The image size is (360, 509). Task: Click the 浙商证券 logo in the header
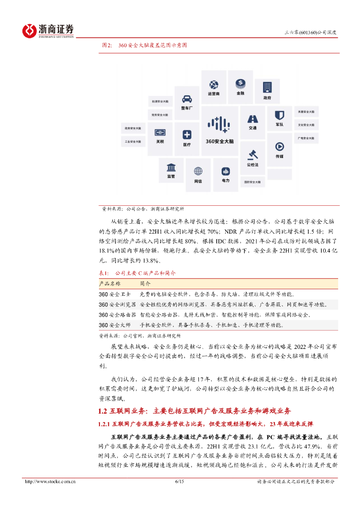[48, 30]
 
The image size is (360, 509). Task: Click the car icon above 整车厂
[187, 98]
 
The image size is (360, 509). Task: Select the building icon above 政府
[268, 86]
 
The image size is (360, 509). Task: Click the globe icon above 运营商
[214, 84]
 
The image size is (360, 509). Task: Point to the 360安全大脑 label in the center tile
[219, 141]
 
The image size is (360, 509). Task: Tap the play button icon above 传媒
[279, 147]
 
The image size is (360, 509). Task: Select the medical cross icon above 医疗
[187, 135]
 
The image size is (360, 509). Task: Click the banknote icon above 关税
[160, 132]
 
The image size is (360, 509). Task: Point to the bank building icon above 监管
[171, 167]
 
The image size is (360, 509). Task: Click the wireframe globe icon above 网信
[198, 171]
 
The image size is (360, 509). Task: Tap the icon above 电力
[225, 170]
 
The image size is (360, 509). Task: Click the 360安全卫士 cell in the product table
[112, 294]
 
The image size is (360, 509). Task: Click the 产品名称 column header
[110, 283]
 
